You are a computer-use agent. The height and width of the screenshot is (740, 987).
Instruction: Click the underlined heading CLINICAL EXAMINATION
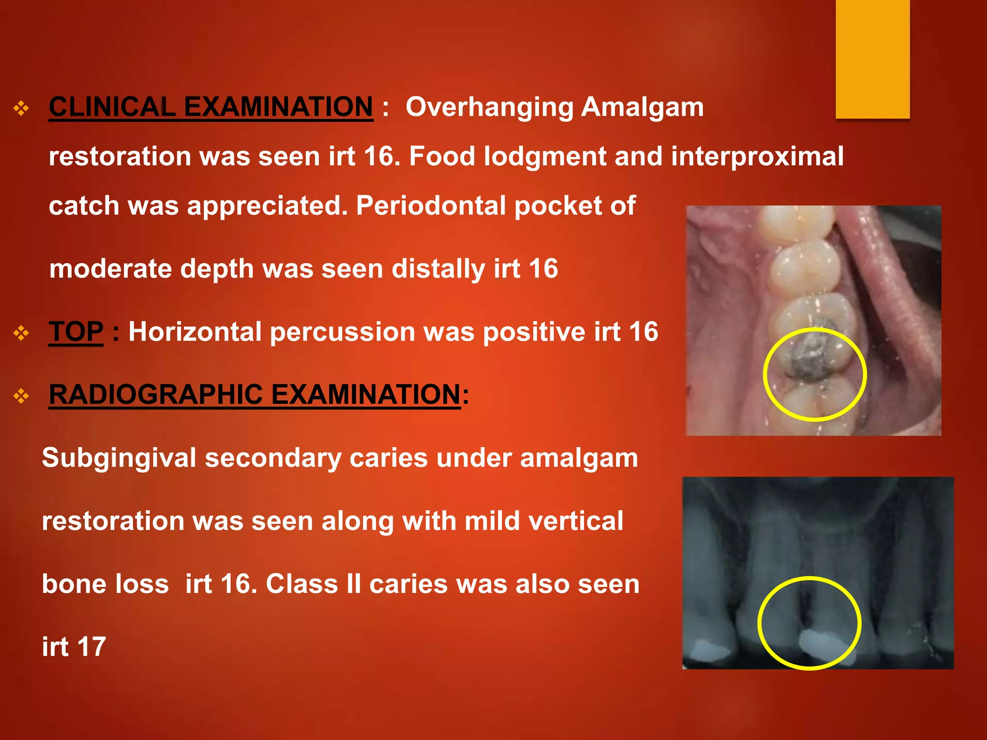pyautogui.click(x=211, y=106)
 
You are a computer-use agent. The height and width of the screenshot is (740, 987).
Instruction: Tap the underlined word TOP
pyautogui.click(x=76, y=332)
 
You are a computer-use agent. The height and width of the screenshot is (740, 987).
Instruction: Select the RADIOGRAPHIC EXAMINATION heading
pyautogui.click(x=254, y=395)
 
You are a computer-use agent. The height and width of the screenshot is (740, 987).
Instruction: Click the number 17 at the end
pyautogui.click(x=91, y=647)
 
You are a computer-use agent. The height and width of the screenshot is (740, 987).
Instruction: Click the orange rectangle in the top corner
pyautogui.click(x=872, y=58)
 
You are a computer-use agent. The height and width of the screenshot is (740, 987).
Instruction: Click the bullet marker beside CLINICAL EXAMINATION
pyautogui.click(x=21, y=108)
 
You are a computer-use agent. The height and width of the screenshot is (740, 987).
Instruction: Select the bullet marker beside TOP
pyautogui.click(x=21, y=333)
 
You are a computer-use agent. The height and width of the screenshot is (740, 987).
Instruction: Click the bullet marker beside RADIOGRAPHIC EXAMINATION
pyautogui.click(x=21, y=396)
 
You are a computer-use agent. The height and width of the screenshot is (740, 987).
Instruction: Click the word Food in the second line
pyautogui.click(x=441, y=156)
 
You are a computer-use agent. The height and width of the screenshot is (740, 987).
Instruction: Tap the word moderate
pyautogui.click(x=110, y=269)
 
